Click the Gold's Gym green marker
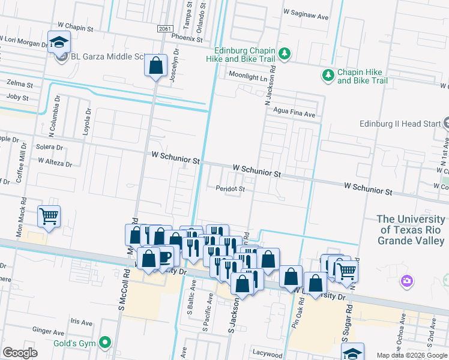pyautogui.click(x=106, y=343)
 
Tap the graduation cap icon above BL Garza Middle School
pyautogui.click(x=59, y=42)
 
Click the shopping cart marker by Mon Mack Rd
pyautogui.click(x=49, y=216)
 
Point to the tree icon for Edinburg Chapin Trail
pyautogui.click(x=286, y=54)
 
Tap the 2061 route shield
pyautogui.click(x=166, y=29)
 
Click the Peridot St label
pyautogui.click(x=231, y=188)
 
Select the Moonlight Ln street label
pyautogui.click(x=251, y=74)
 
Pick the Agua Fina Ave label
pyautogui.click(x=294, y=114)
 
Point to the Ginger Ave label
pyautogui.click(x=49, y=331)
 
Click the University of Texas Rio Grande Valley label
pyautogui.click(x=412, y=230)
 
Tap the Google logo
pyautogui.click(x=20, y=353)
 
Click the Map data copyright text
pyautogui.click(x=412, y=355)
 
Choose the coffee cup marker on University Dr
pyautogui.click(x=164, y=257)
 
